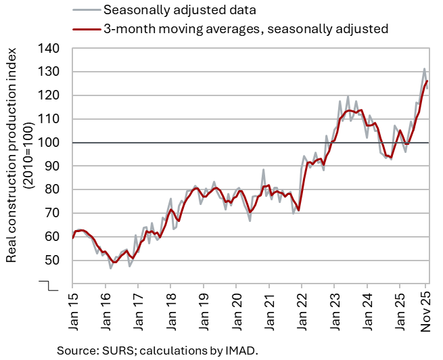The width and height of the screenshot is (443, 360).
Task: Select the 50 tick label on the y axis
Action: tap(53, 261)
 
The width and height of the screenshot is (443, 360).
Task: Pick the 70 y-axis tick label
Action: tap(53, 213)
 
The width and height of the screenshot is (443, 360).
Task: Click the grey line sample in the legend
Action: tap(85, 10)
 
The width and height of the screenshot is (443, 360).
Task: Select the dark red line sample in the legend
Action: tap(85, 29)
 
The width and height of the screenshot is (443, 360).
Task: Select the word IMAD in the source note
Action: tap(238, 350)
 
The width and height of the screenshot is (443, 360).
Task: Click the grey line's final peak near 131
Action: tap(425, 69)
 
